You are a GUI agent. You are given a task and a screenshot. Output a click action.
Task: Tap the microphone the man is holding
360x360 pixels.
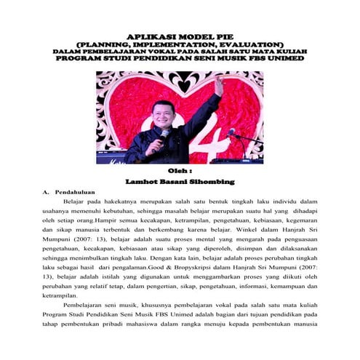[x=163, y=134]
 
